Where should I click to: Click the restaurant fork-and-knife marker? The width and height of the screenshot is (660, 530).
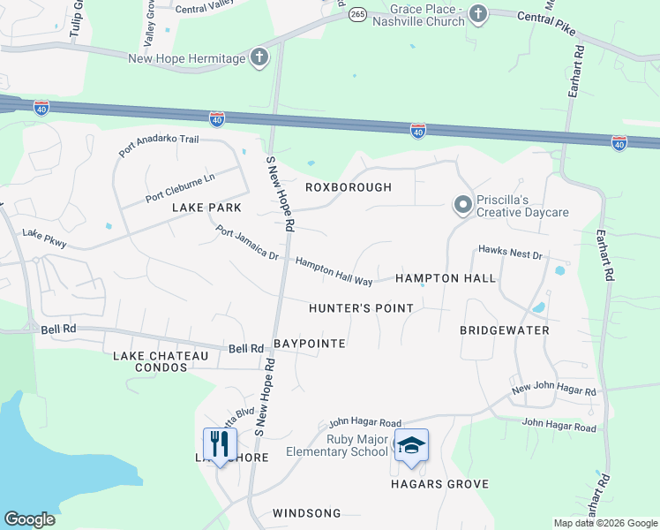pyautogui.click(x=220, y=443)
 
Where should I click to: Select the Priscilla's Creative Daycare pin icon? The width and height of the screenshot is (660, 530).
pyautogui.click(x=462, y=206)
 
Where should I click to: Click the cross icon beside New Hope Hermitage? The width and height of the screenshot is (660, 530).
pyautogui.click(x=259, y=58)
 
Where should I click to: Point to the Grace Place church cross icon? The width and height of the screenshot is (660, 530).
pyautogui.click(x=477, y=13)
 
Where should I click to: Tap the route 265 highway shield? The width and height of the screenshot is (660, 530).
pyautogui.click(x=356, y=15)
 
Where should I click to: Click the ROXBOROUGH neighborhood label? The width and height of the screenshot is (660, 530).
pyautogui.click(x=348, y=187)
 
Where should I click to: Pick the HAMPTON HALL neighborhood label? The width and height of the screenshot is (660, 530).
pyautogui.click(x=445, y=278)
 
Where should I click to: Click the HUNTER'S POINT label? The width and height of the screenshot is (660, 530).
pyautogui.click(x=361, y=308)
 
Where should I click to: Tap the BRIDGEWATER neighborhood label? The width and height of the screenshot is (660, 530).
pyautogui.click(x=504, y=330)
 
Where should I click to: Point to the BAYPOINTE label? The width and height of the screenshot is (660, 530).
pyautogui.click(x=309, y=343)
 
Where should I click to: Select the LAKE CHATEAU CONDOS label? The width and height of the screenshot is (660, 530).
pyautogui.click(x=161, y=360)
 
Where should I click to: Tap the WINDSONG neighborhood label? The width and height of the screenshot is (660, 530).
pyautogui.click(x=306, y=512)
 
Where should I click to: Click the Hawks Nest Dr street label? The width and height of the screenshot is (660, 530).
pyautogui.click(x=510, y=254)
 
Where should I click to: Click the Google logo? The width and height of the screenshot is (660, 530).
pyautogui.click(x=30, y=519)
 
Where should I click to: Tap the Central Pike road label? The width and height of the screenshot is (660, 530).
pyautogui.click(x=546, y=24)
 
